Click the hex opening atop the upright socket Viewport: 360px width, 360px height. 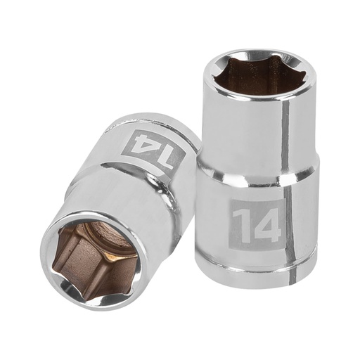259,74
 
